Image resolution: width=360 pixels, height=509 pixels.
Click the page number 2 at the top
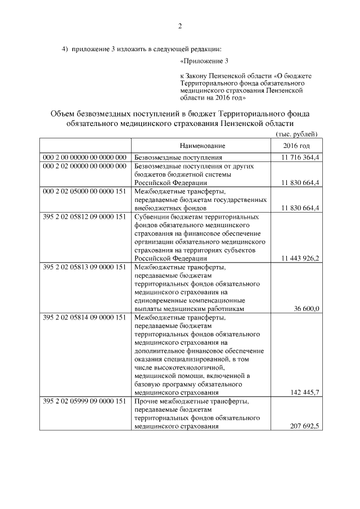pyautogui.click(x=180, y=26)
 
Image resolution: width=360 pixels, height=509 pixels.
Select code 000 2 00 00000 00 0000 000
pyautogui.click(x=84, y=158)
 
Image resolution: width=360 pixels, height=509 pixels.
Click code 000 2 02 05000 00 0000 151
pyautogui.click(x=84, y=191)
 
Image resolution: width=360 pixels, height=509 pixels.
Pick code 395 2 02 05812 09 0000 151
pyautogui.click(x=84, y=216)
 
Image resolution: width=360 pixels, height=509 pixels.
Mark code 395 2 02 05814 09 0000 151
pyautogui.click(x=84, y=317)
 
